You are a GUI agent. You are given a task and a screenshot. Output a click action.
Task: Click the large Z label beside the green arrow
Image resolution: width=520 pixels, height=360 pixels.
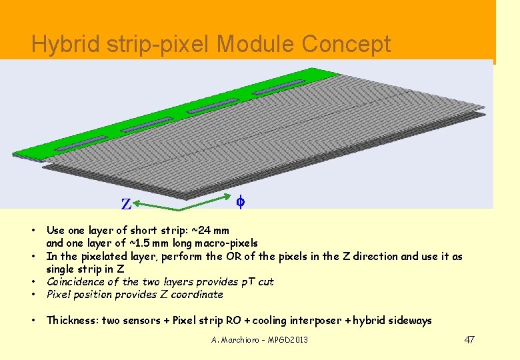pos(126,204)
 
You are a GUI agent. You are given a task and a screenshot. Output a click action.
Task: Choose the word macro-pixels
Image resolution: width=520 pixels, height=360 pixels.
pos(224,243)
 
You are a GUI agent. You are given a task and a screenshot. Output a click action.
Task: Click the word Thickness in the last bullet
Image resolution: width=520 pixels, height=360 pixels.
pos(73,321)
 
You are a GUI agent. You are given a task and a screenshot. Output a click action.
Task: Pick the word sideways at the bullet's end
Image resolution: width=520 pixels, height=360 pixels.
pos(409,321)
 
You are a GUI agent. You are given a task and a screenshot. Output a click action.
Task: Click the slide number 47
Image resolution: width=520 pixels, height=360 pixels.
pos(469,340)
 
